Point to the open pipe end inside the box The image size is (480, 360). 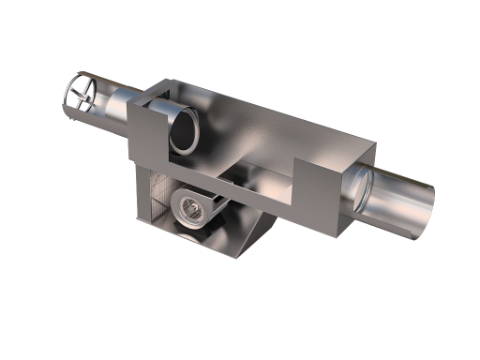click(x=185, y=131)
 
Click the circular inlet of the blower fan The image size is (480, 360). click(x=191, y=210)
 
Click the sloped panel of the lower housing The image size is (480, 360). click(x=244, y=230)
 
